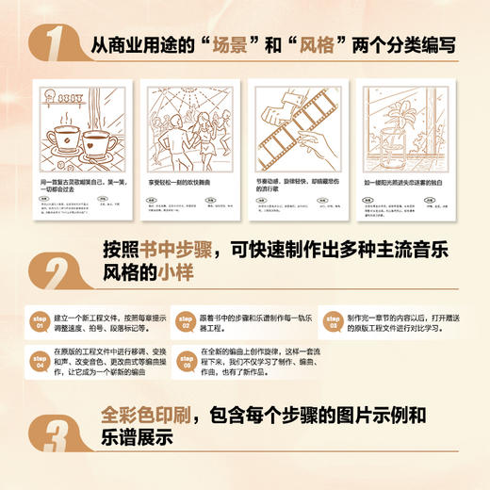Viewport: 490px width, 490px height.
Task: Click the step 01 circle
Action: [41, 318]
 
